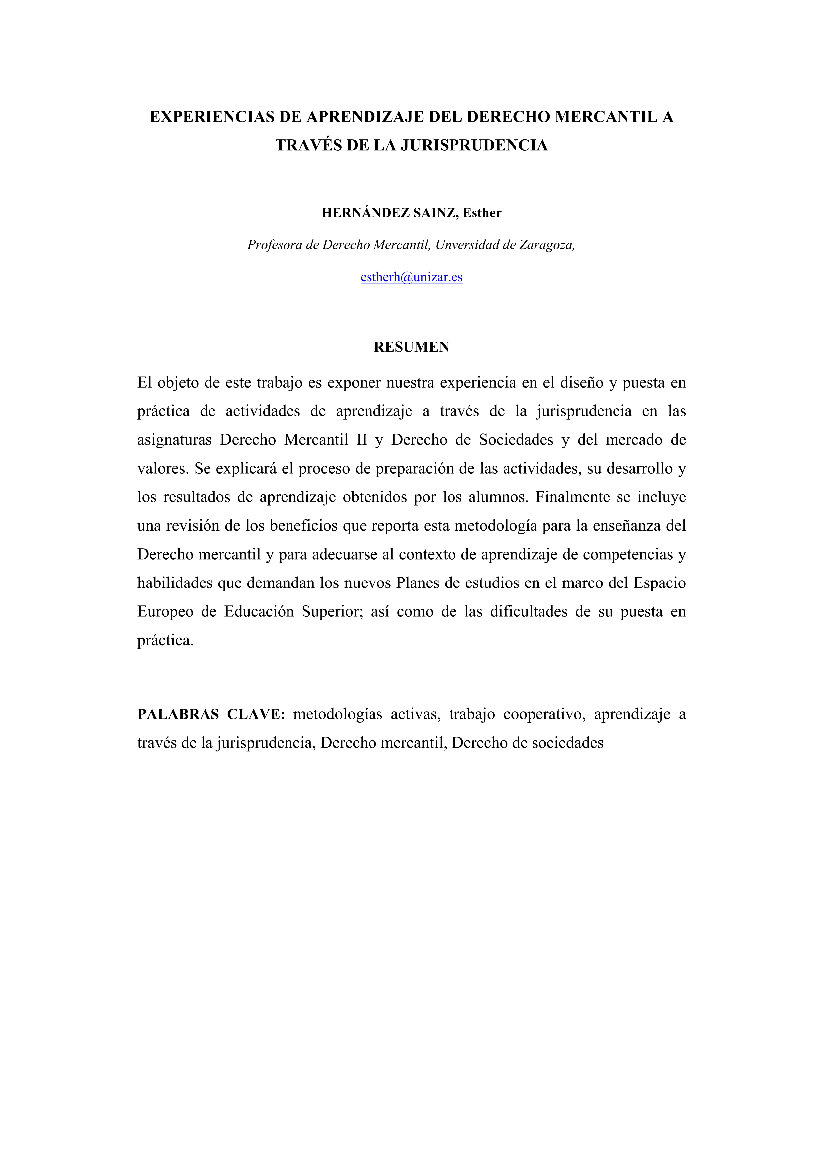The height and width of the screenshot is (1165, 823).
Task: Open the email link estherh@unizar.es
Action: (411, 277)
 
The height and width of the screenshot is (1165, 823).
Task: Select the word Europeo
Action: (165, 611)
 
